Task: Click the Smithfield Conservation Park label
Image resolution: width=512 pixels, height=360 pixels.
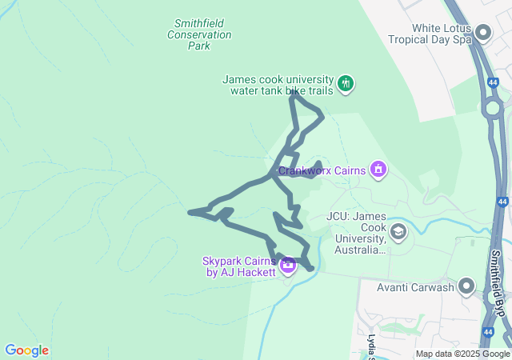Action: [x=199, y=34]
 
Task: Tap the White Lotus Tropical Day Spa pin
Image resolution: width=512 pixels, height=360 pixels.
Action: [x=482, y=32]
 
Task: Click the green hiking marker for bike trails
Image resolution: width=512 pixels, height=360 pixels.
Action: [x=346, y=83]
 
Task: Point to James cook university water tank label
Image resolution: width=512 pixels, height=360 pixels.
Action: [x=277, y=85]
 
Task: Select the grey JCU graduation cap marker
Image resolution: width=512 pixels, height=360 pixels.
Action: [x=398, y=233]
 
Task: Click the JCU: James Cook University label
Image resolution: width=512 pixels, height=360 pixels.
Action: [x=358, y=233]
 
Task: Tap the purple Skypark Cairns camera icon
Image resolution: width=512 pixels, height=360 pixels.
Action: [x=286, y=265]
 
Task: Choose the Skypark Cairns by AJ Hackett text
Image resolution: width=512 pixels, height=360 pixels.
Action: [x=239, y=266]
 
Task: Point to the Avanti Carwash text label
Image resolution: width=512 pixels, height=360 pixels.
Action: [x=417, y=287]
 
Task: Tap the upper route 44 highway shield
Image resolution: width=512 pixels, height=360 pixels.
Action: [x=490, y=81]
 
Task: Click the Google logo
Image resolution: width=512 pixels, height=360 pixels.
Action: [x=26, y=350]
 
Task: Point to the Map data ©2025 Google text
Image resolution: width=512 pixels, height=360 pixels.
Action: [x=462, y=354]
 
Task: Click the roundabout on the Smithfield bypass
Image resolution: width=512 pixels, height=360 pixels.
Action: [x=491, y=107]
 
